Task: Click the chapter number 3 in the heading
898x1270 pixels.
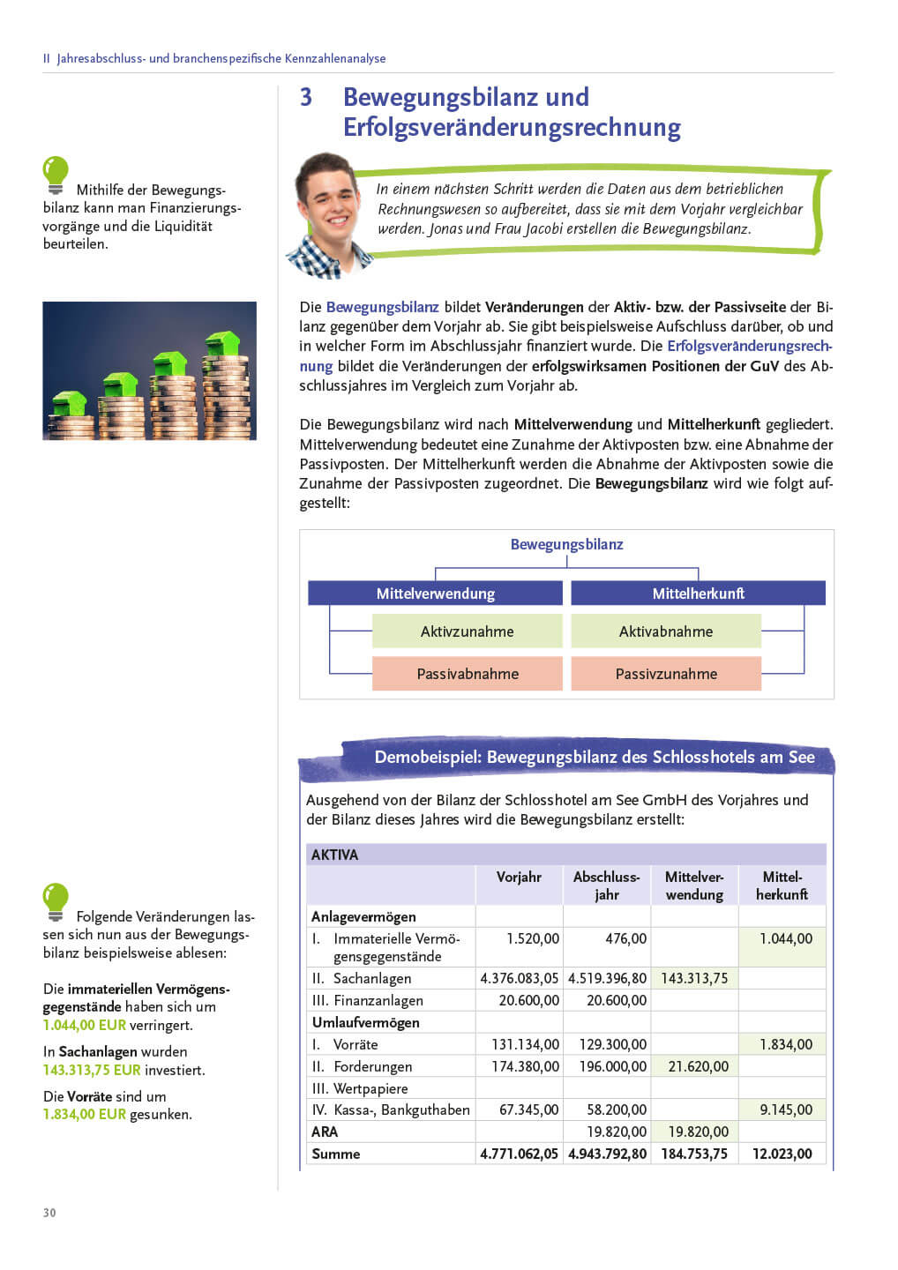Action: click(306, 97)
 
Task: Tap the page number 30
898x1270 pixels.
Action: click(49, 1213)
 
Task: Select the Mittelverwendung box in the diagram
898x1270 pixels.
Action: click(435, 594)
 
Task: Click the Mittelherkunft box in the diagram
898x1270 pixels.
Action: click(698, 594)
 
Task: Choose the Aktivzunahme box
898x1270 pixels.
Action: click(467, 631)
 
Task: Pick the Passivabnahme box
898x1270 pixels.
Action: click(467, 674)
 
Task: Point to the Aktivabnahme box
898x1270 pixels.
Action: click(665, 631)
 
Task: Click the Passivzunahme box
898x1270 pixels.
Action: click(665, 674)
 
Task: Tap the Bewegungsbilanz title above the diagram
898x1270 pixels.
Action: click(566, 544)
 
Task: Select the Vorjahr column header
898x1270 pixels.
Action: click(519, 877)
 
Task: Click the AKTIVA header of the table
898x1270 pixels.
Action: click(335, 855)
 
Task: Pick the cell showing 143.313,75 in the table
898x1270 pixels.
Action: click(694, 978)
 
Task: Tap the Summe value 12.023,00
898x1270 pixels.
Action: click(782, 1154)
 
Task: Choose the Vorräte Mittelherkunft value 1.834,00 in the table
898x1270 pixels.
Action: click(786, 1044)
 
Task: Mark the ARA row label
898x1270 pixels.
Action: click(325, 1132)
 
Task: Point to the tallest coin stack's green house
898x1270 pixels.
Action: click(223, 343)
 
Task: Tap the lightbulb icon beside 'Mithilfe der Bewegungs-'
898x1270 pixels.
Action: click(56, 175)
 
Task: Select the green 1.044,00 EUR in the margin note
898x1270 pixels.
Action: click(85, 1025)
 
